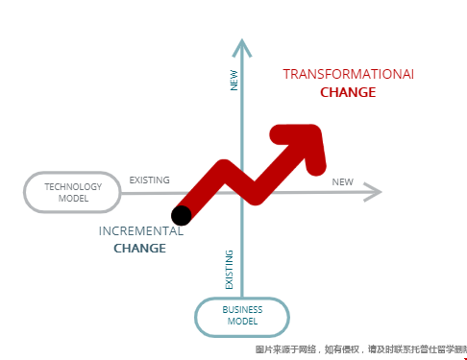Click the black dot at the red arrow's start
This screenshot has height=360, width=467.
pyautogui.click(x=182, y=214)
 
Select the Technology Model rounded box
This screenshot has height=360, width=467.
pyautogui.click(x=72, y=192)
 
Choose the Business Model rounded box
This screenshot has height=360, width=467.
pyautogui.click(x=242, y=316)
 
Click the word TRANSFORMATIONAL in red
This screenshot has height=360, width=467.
pyautogui.click(x=348, y=74)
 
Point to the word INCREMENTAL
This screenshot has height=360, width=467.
pyautogui.click(x=140, y=231)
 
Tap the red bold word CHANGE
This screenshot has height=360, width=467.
pyautogui.click(x=348, y=93)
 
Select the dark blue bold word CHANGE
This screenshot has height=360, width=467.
pyautogui.click(x=140, y=249)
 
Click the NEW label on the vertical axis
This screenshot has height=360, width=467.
pyautogui.click(x=233, y=79)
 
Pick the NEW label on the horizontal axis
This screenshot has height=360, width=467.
pyautogui.click(x=342, y=182)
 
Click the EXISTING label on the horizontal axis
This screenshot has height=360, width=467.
pyautogui.click(x=150, y=180)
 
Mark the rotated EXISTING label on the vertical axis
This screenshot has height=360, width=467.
pyautogui.click(x=229, y=270)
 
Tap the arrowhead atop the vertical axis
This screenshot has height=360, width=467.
pyautogui.click(x=242, y=46)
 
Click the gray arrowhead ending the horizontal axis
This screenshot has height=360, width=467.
pyautogui.click(x=374, y=192)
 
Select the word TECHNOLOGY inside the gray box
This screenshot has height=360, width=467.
pyautogui.click(x=73, y=185)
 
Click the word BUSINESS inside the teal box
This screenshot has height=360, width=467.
pyautogui.click(x=242, y=309)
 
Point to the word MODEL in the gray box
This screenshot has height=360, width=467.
pyautogui.click(x=73, y=199)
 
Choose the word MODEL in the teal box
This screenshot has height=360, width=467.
pyautogui.click(x=242, y=322)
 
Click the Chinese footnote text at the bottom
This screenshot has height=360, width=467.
pyautogui.click(x=359, y=349)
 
